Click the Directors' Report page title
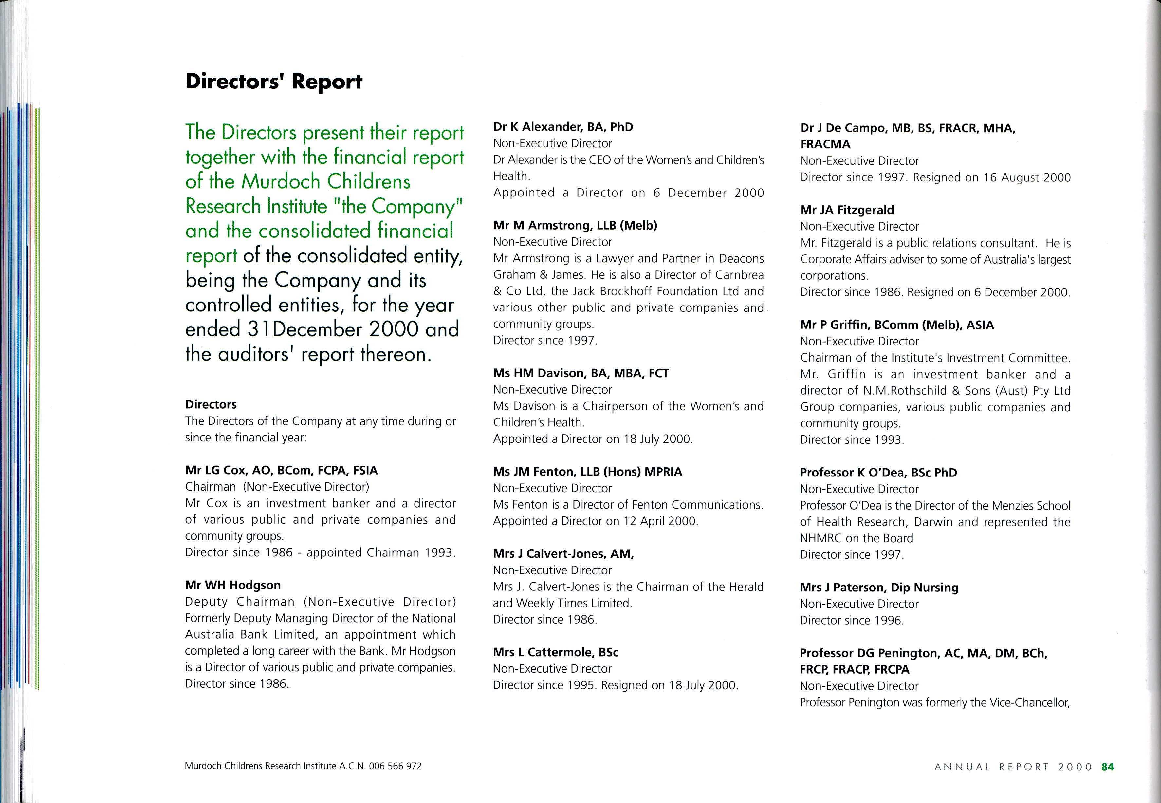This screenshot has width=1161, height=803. coord(274,82)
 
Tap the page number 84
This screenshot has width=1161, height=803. coord(1108,767)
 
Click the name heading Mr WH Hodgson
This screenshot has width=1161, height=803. coord(233,585)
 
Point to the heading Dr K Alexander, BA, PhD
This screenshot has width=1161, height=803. coord(563,127)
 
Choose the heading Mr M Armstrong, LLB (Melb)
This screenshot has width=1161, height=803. coord(575,225)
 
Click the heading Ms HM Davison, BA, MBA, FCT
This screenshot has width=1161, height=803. coord(581,373)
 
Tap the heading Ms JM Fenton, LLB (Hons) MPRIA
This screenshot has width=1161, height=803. coord(588,472)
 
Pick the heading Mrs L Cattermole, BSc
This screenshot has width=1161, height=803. coord(555,653)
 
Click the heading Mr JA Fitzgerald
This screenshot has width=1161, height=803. coord(847,210)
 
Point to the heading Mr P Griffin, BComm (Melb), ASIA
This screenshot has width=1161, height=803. coord(897,325)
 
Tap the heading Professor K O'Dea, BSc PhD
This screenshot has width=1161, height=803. coord(878,473)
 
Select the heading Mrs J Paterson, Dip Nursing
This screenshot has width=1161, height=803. coord(879,588)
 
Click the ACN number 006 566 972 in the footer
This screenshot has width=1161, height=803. coord(396,766)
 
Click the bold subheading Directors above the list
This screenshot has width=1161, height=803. coord(211,404)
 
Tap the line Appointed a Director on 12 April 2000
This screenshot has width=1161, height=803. coord(596,521)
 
